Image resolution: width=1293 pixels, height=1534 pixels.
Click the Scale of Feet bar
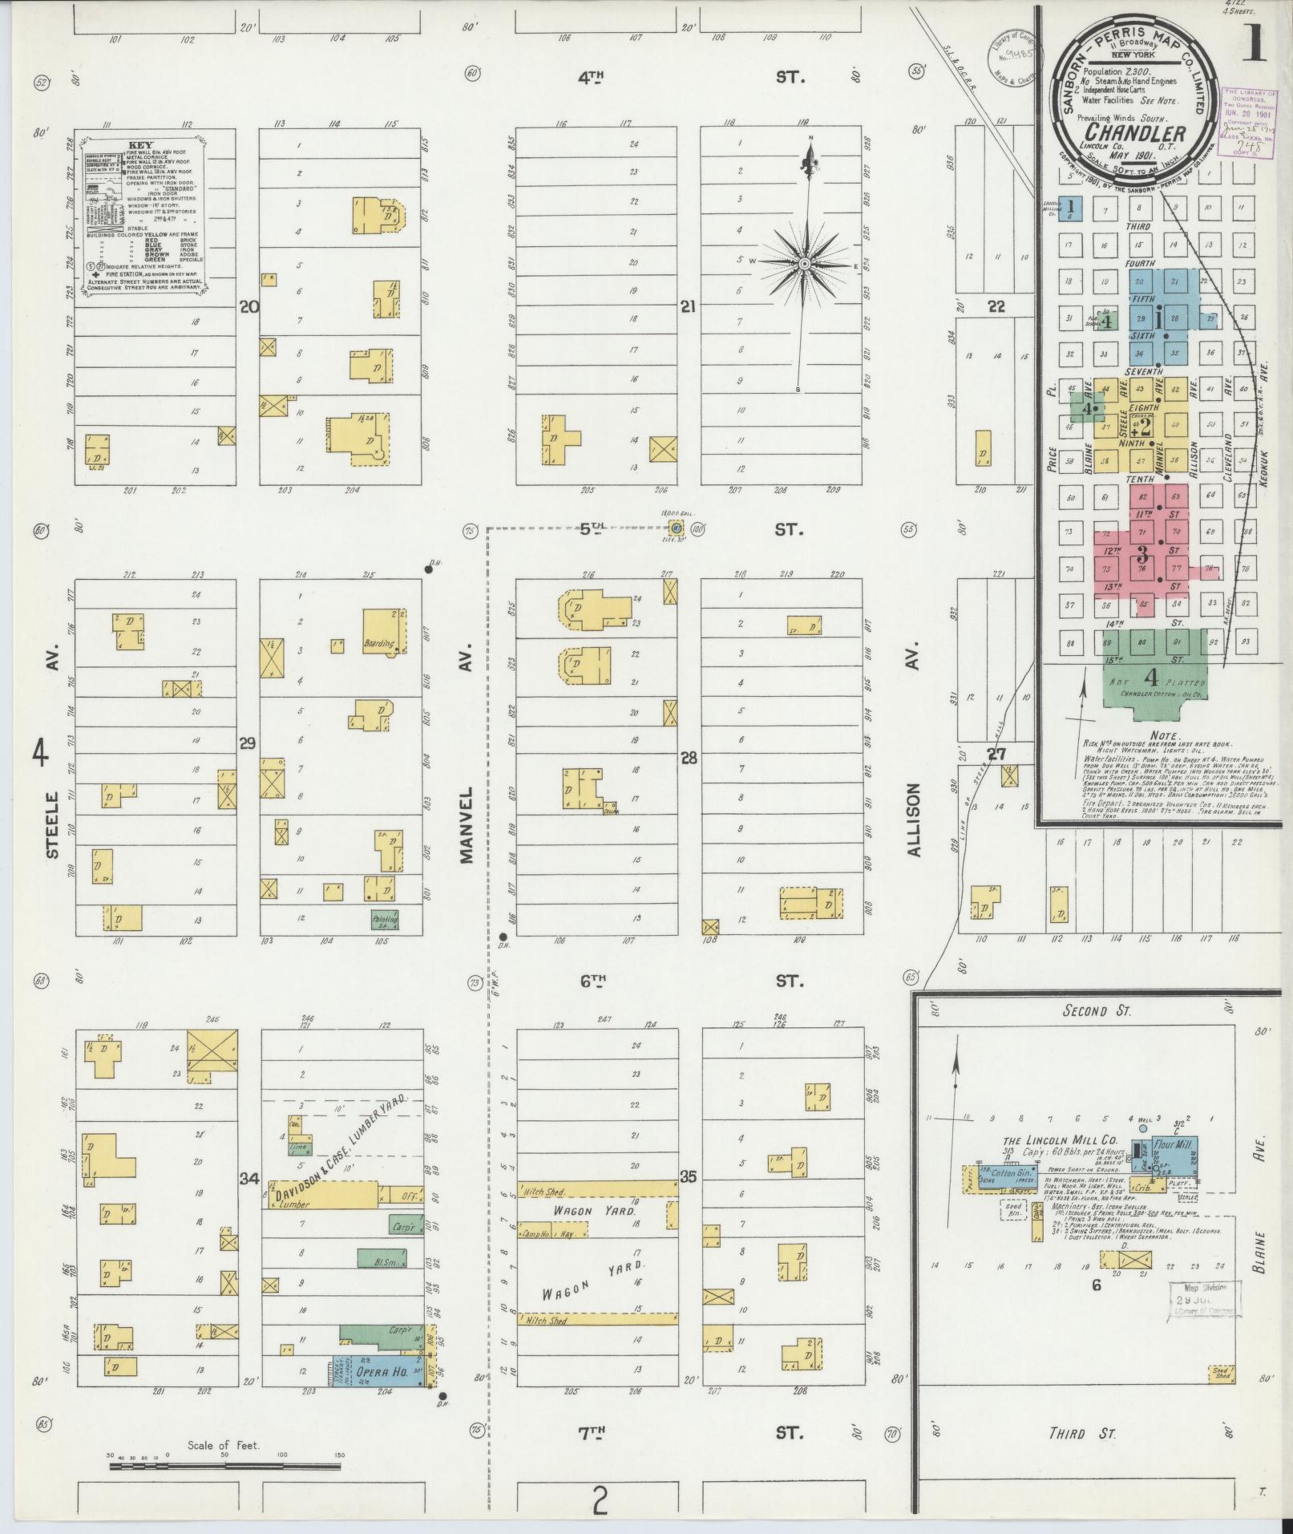(225, 1466)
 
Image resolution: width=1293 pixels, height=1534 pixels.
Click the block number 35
(688, 1177)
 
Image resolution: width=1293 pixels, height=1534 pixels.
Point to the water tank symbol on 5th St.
(677, 528)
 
